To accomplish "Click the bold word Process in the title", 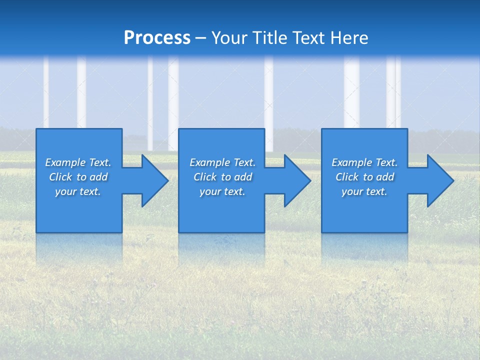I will [157, 38].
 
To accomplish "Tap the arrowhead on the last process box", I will [439, 180].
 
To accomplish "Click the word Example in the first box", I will [65, 162].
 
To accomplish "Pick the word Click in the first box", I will [61, 177].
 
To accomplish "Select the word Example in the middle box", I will [209, 162].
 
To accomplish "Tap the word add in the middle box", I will [243, 177].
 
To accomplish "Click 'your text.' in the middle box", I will [222, 191].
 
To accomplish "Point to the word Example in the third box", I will [351, 162].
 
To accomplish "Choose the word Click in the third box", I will [347, 177].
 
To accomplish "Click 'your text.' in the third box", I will [364, 191].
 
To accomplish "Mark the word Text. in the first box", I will [100, 162].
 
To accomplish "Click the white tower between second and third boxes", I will [269, 100].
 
